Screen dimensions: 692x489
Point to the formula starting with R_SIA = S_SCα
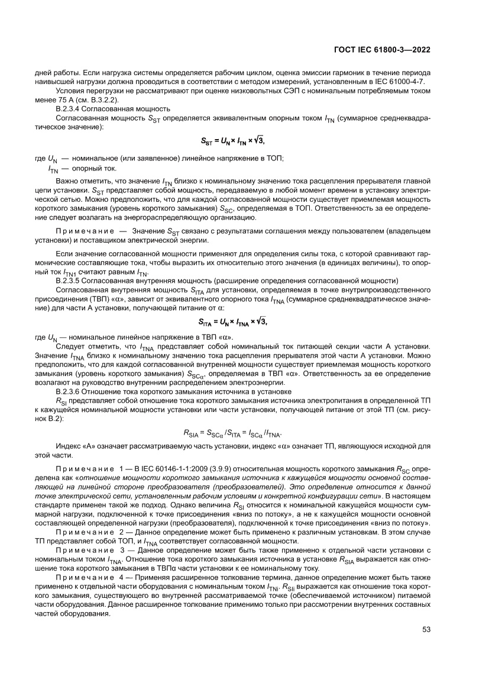point(234,433)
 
